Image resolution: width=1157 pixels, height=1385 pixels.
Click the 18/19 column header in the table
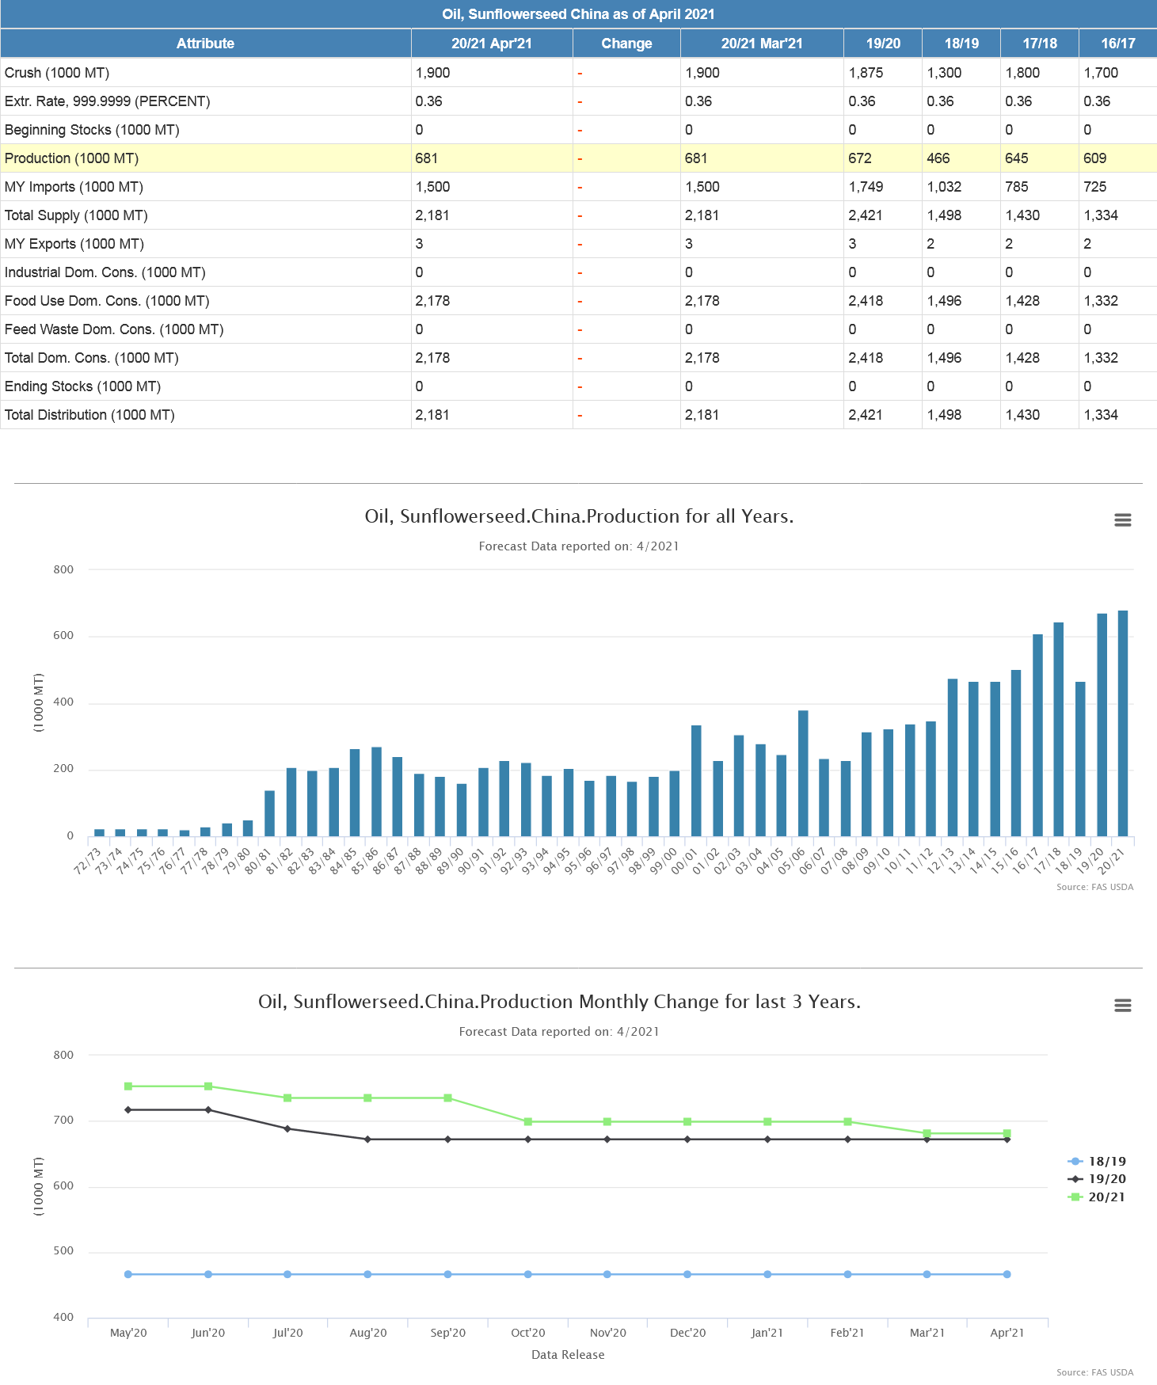pos(961,44)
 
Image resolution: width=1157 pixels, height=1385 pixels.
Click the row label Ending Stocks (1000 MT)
pos(82,386)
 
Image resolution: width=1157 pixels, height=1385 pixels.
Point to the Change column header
pos(626,44)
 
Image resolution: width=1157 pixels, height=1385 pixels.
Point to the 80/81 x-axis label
pos(258,861)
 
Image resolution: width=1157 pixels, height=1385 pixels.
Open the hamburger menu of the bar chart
pos(1122,520)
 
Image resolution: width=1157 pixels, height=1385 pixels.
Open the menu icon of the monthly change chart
pos(1122,1006)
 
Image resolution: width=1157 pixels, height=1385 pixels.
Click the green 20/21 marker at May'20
pos(128,1086)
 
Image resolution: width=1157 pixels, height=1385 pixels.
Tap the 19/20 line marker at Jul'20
pos(287,1128)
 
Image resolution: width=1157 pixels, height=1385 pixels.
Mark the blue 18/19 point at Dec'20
pos(687,1274)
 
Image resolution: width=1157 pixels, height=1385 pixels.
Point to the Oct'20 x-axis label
pos(528,1333)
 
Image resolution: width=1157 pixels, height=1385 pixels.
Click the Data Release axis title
pos(568,1355)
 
